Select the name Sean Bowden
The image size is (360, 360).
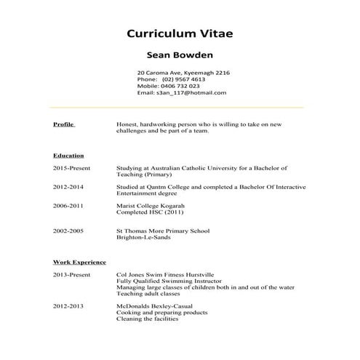(180, 54)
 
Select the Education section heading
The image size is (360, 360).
(68, 155)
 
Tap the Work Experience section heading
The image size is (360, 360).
(79, 262)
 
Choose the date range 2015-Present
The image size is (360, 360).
(71, 168)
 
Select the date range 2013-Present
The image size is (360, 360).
(71, 275)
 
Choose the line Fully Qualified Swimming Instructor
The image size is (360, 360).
(168, 281)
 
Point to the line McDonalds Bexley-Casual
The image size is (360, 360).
(158, 306)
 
